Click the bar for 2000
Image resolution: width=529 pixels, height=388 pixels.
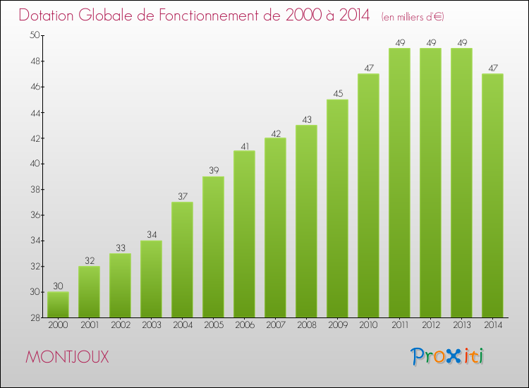point(58,305)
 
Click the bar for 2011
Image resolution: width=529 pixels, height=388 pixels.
point(399,183)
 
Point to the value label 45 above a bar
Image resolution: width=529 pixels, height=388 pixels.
point(337,94)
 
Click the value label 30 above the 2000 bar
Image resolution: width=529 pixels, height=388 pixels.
point(58,286)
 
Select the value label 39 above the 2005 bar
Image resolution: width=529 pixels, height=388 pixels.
point(213,171)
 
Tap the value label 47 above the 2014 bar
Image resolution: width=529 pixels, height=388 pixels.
point(492,68)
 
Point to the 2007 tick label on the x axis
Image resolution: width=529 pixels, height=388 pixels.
point(275,325)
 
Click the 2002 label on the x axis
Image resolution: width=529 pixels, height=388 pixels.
point(120,325)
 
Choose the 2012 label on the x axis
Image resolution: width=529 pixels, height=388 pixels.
point(430,325)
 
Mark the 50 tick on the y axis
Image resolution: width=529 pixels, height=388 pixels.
point(35,35)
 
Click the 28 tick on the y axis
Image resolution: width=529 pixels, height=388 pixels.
point(35,317)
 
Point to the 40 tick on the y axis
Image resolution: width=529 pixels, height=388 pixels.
point(35,164)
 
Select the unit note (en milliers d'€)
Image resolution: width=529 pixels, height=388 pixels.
point(413,16)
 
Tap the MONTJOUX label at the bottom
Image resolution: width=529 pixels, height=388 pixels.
point(67,357)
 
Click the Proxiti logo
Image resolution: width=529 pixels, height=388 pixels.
point(448,356)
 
